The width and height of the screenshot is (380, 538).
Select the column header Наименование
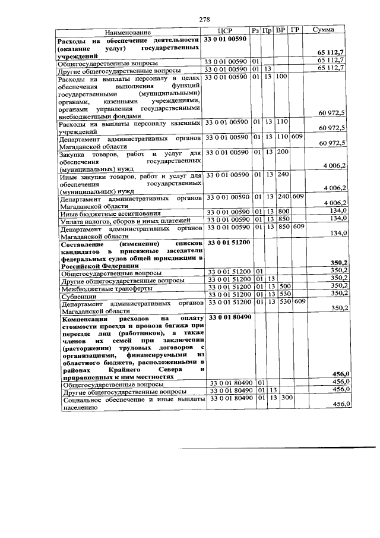coord(129,31)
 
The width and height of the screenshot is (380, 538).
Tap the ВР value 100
coord(282,77)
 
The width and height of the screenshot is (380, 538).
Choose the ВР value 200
coord(282,153)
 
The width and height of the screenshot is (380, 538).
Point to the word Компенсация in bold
coord(87,318)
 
